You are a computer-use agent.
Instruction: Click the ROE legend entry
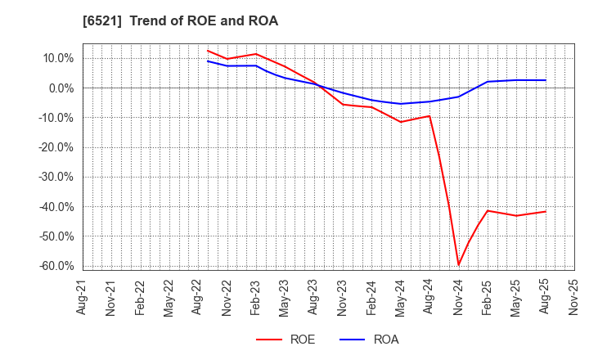286,340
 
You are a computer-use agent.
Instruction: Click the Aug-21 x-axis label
83,297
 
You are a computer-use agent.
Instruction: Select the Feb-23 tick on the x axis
256,297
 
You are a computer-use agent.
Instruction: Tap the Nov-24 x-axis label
458,297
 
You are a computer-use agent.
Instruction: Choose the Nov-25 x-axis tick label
573,297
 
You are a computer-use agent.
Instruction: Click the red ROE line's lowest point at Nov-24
458,265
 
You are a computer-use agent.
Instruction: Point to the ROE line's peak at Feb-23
256,54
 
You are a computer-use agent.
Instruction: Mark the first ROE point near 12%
208,51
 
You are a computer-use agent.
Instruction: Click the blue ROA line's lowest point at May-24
401,104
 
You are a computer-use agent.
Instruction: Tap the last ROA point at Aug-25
545,80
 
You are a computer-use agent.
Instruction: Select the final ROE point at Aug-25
545,211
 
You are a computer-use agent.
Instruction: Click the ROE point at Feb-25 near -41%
488,210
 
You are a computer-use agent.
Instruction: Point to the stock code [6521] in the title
103,21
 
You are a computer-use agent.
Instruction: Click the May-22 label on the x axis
169,297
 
